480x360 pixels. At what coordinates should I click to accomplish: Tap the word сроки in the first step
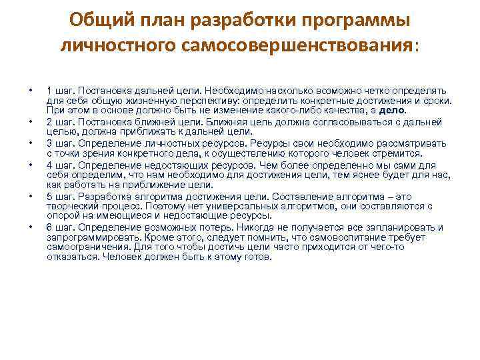pyautogui.click(x=436, y=101)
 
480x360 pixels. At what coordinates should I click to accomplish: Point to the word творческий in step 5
pyautogui.click(x=70, y=207)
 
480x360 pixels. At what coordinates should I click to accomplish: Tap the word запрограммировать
pyautogui.click(x=89, y=237)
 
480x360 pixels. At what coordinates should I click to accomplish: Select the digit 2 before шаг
pyautogui.click(x=49, y=122)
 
